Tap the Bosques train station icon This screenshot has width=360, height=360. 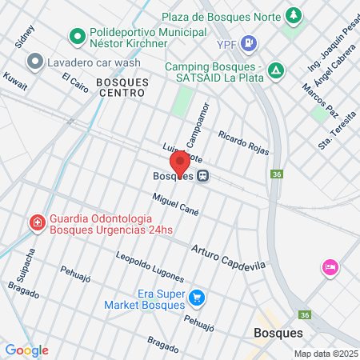[204, 177]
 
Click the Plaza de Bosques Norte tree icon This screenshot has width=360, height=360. [294, 15]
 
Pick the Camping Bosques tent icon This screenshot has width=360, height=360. [275, 70]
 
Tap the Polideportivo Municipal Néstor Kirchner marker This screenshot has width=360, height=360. [78, 35]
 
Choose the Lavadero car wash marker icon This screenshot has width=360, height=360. [34, 62]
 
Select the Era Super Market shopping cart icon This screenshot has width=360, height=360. [197, 299]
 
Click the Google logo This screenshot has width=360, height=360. [26, 350]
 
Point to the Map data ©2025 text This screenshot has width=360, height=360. [324, 354]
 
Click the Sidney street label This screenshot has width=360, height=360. [25, 37]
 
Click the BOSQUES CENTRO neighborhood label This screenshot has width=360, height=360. [120, 87]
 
